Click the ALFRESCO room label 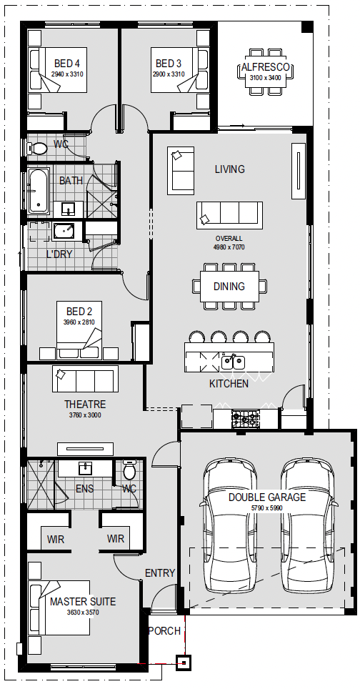point(266,67)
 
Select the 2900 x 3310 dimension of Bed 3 point(169,74)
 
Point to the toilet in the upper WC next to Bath point(37,149)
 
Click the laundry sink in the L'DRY point(64,231)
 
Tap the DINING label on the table point(229,287)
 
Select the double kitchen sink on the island point(233,362)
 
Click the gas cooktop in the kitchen point(246,419)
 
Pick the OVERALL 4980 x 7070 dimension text point(229,243)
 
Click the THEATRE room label point(85,405)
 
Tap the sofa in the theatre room point(85,379)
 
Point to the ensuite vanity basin point(85,468)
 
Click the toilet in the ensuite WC point(129,470)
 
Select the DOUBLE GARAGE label point(267,497)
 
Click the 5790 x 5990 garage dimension point(267,508)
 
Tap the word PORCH point(164,631)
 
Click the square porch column point(184,662)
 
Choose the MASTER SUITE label point(83,602)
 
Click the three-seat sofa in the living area point(229,215)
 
